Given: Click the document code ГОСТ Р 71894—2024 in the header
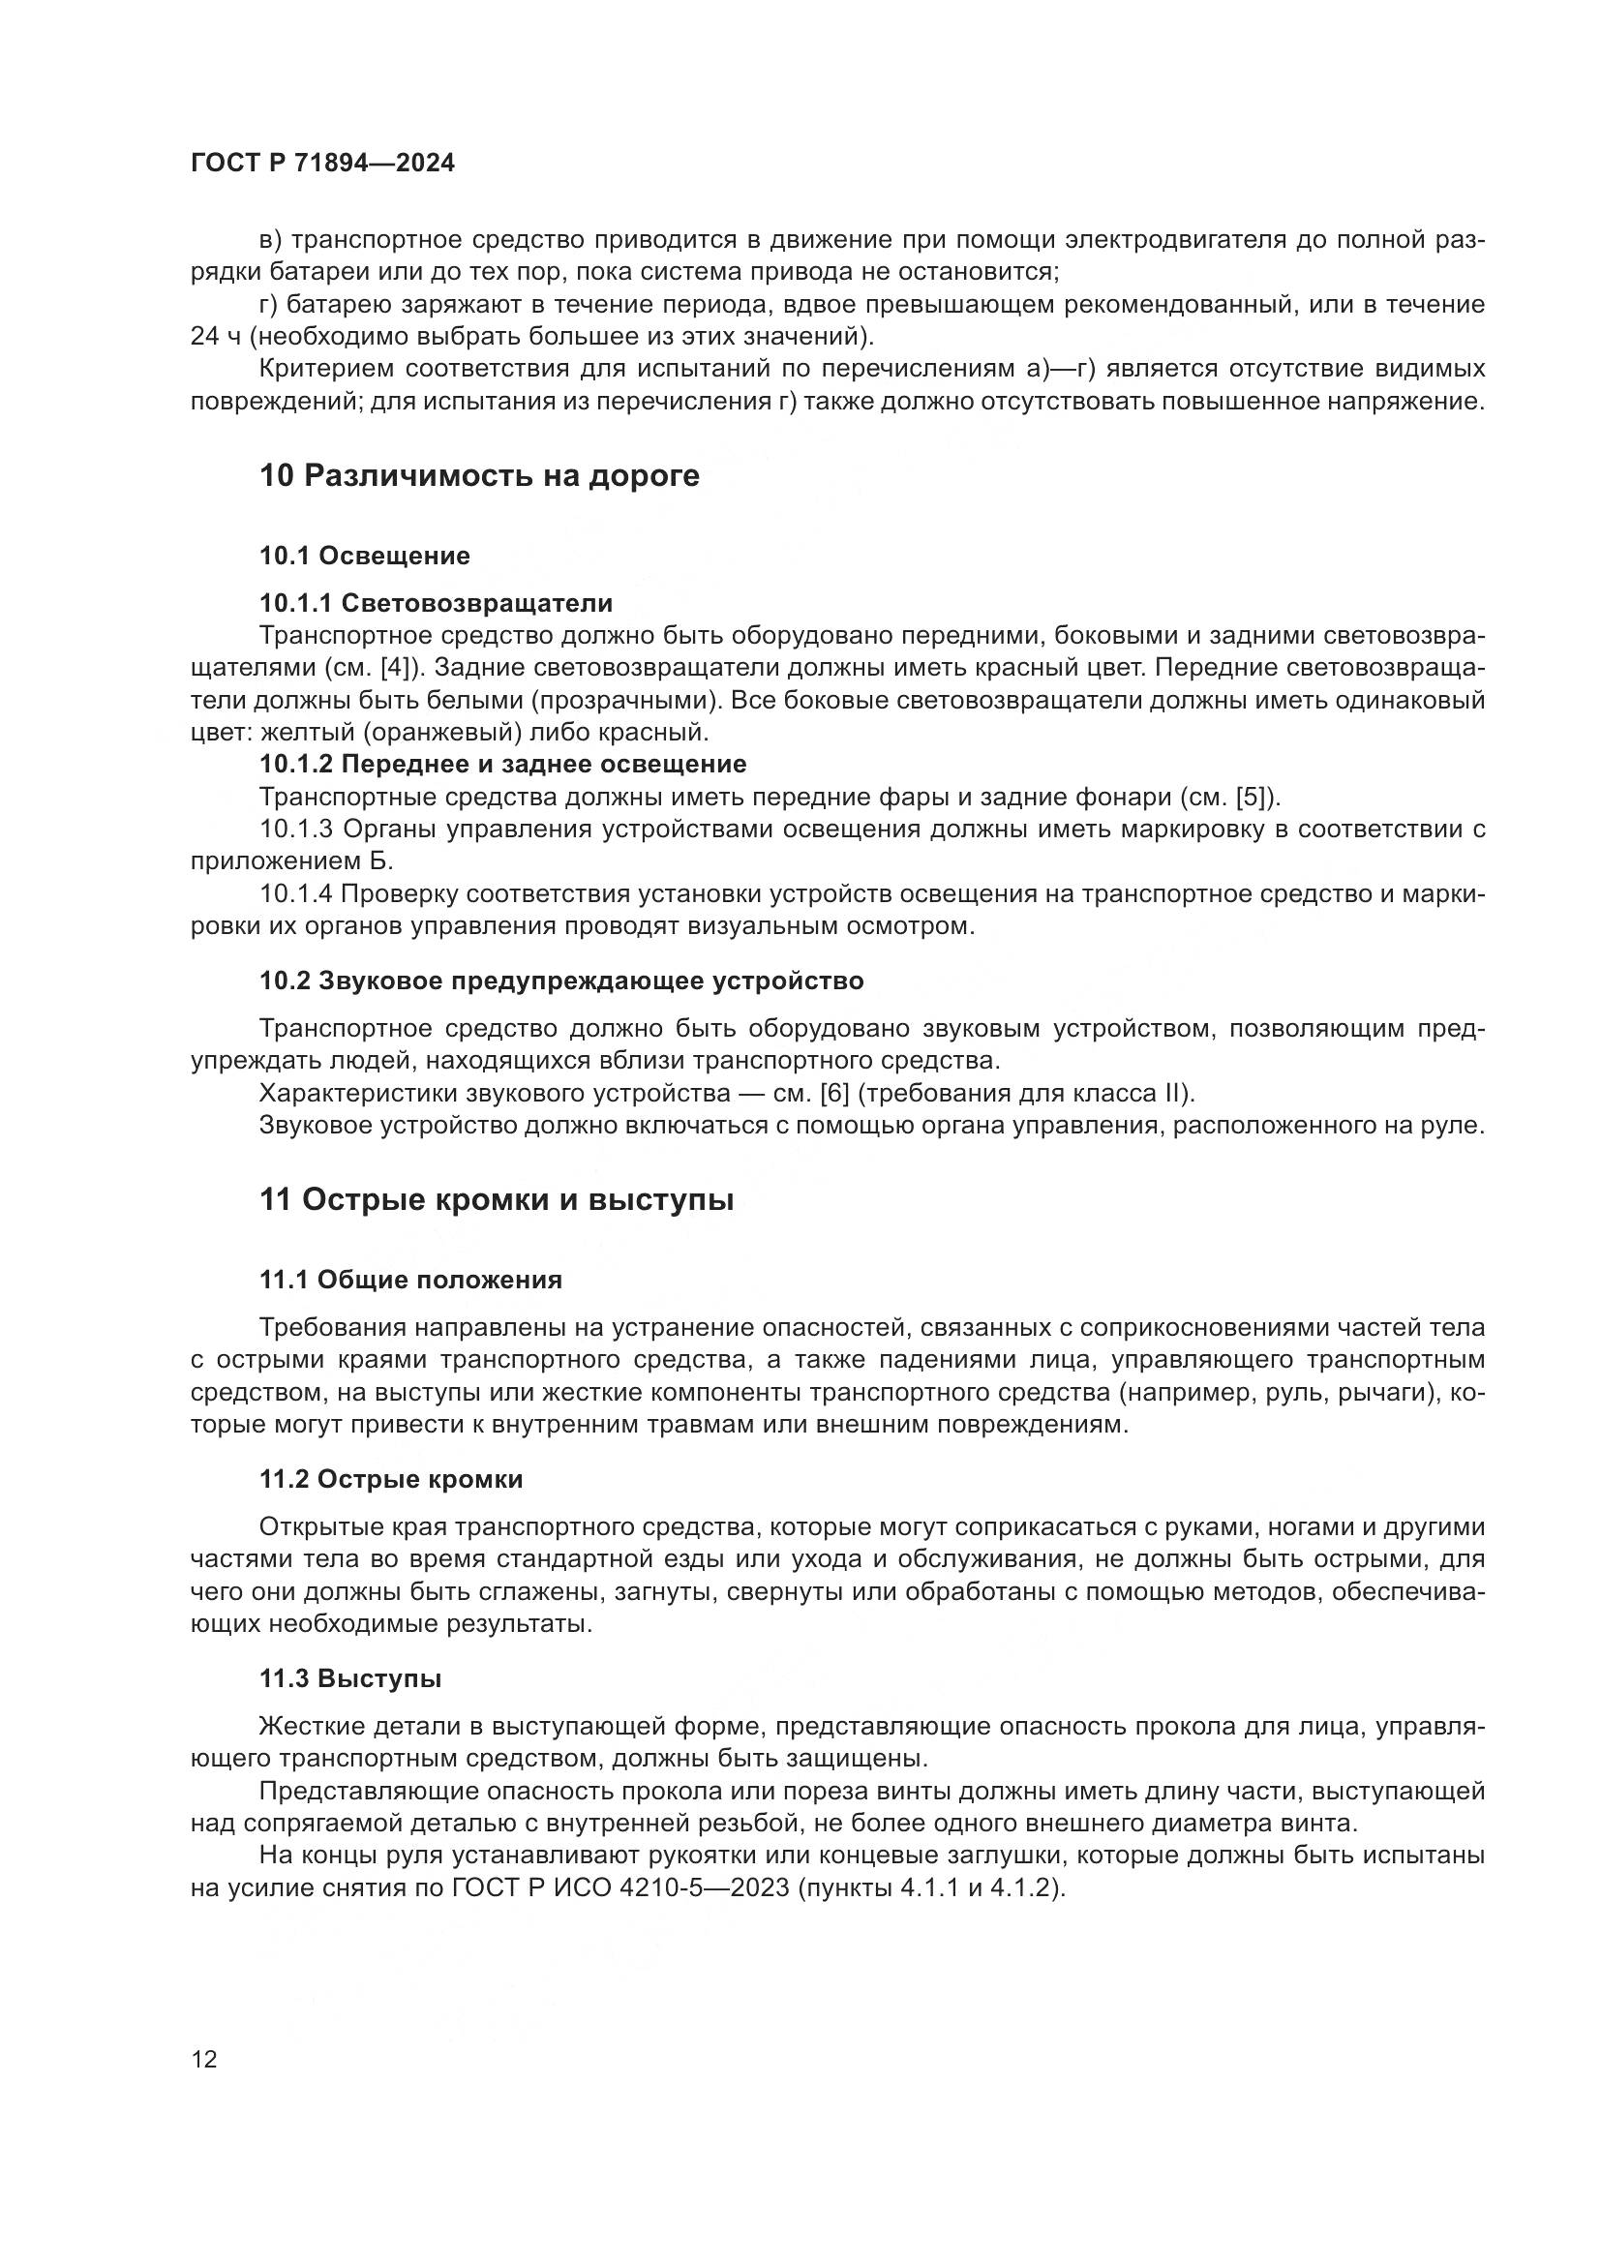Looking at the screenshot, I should pyautogui.click(x=322, y=164).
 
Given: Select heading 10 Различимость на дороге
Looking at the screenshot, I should pyautogui.click(x=479, y=475).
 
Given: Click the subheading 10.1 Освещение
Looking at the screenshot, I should pyautogui.click(x=365, y=557).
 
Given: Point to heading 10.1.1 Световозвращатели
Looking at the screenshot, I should pyautogui.click(x=436, y=602).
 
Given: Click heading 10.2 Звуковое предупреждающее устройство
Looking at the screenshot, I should pyautogui.click(x=562, y=981).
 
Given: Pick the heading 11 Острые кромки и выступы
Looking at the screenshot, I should pyautogui.click(x=497, y=1200).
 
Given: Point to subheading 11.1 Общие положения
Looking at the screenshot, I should pyautogui.click(x=411, y=1280).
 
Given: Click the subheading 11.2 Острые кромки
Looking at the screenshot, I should pyautogui.click(x=391, y=1479).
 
